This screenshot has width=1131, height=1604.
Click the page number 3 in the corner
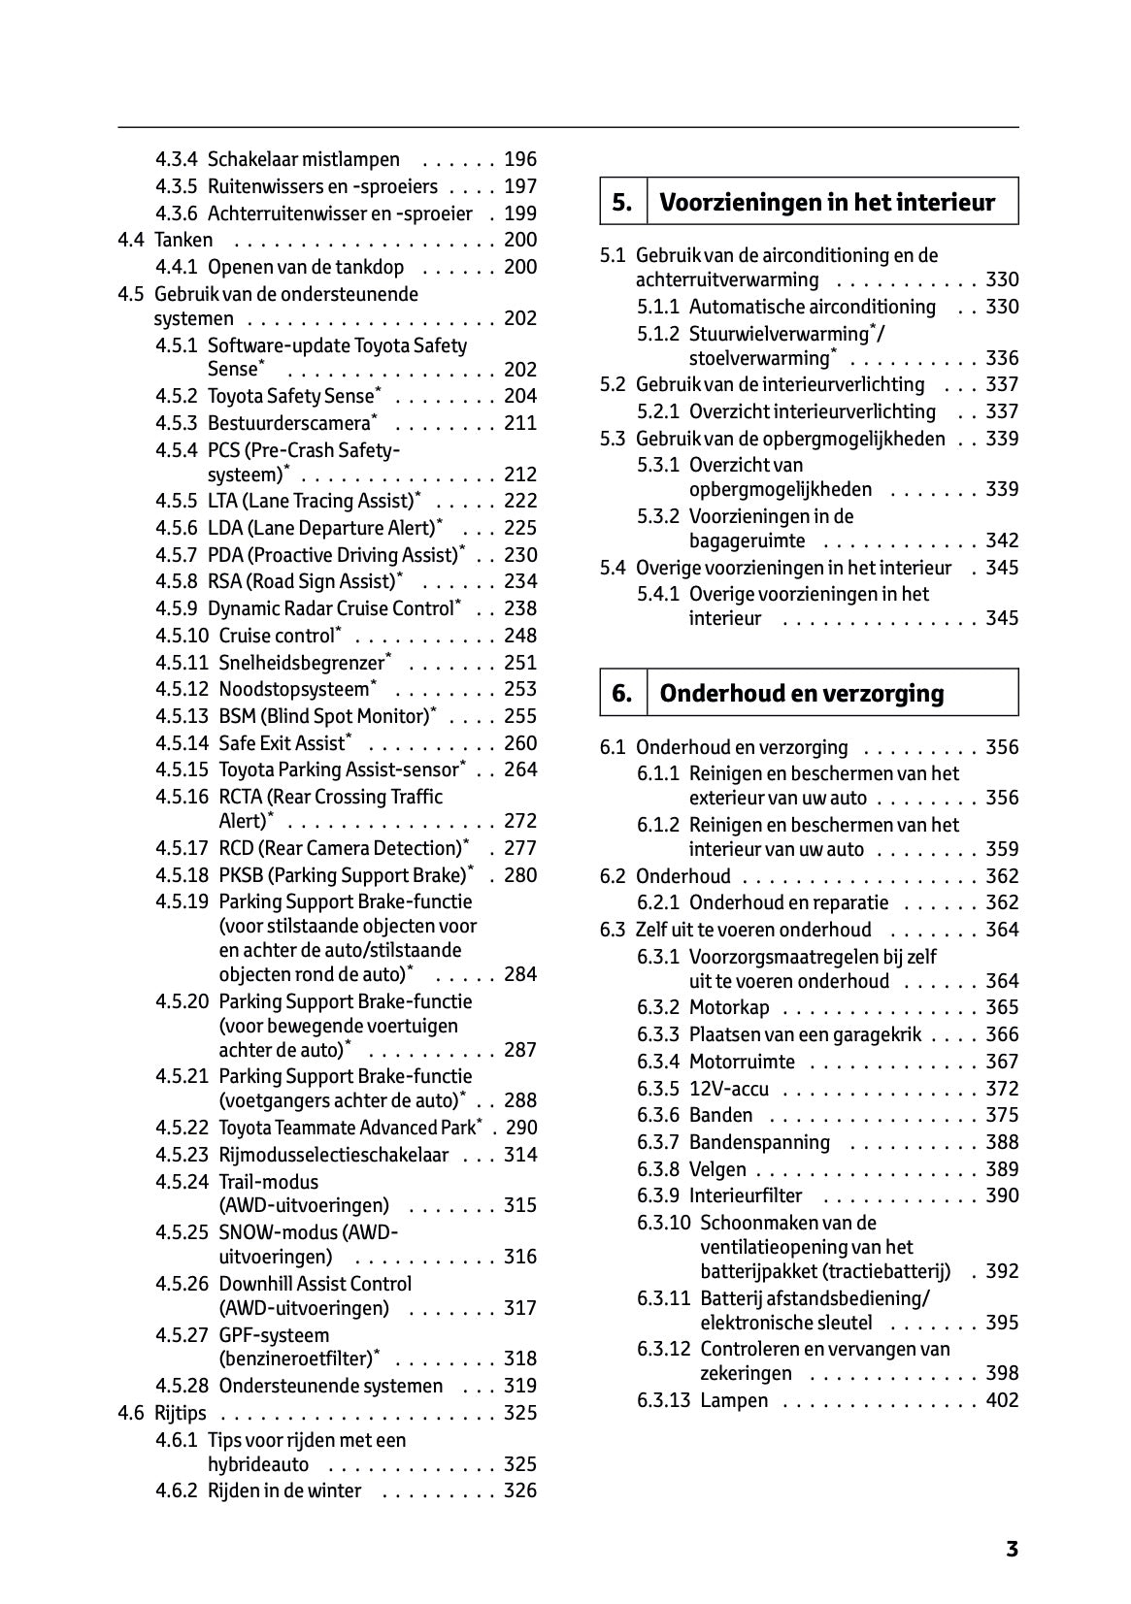pos(1012,1550)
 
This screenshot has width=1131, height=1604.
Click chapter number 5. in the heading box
pos(622,202)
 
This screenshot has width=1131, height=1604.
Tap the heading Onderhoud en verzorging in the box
pos(801,693)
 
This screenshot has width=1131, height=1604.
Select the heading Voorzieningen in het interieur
pos(827,202)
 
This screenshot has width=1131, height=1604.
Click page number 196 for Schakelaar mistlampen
pos(520,159)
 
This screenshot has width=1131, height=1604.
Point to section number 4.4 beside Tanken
pos(131,240)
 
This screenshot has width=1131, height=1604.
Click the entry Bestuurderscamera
pos(289,423)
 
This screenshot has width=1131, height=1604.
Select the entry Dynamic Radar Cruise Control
pos(330,608)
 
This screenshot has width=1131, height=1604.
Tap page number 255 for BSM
pos(520,716)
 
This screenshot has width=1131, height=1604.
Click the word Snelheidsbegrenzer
pos(302,663)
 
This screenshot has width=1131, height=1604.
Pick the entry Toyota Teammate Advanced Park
pos(348,1128)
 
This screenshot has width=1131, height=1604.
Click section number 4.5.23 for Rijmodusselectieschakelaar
pos(182,1155)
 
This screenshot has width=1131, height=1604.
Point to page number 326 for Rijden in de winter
pos(520,1490)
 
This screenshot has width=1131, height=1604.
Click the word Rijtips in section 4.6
pos(180,1413)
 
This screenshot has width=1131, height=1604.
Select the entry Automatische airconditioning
pos(812,307)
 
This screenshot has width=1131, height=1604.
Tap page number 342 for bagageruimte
pos(1002,540)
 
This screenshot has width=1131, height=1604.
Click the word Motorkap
pos(728,1007)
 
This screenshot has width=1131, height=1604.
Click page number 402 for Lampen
pos(1002,1400)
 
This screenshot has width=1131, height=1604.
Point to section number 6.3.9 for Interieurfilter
pos(658,1195)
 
